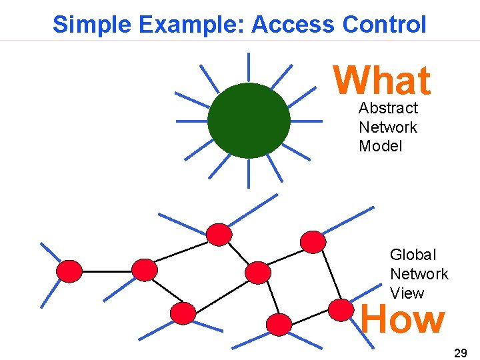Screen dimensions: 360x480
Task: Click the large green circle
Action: (x=249, y=121)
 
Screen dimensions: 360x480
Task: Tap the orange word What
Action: (x=382, y=81)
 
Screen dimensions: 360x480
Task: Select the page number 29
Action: (x=460, y=353)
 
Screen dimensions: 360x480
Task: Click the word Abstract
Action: (x=388, y=108)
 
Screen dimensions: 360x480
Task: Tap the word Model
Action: (x=381, y=146)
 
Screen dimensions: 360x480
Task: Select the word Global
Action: (x=413, y=255)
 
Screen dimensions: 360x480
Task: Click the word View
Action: (x=407, y=293)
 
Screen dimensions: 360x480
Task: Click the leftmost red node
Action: (x=69, y=271)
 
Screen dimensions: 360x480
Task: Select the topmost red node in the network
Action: (x=219, y=234)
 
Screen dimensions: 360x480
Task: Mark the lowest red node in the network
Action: (x=279, y=324)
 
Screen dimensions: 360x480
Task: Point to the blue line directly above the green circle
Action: (x=249, y=67)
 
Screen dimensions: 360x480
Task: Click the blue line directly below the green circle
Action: (x=249, y=175)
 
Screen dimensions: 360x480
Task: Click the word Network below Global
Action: (x=419, y=274)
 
